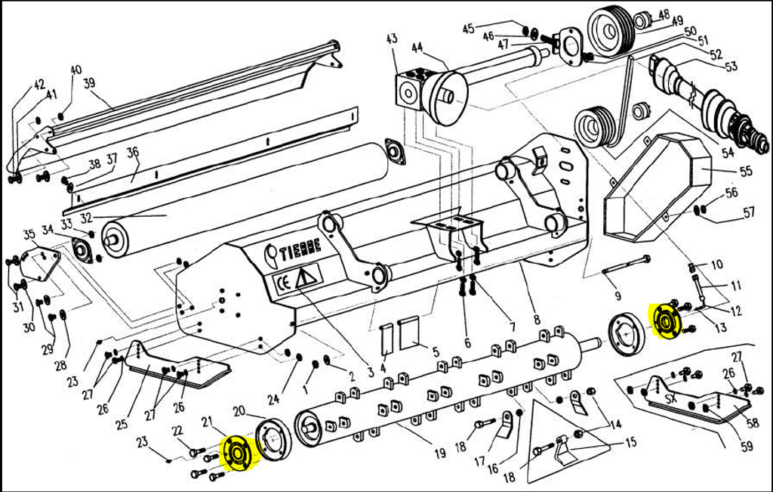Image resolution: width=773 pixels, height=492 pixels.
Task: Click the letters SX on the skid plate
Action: click(670, 396)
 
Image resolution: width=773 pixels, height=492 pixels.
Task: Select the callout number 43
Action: click(392, 39)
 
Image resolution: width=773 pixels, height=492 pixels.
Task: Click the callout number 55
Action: click(746, 172)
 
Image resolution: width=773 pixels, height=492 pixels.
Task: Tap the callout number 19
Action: click(439, 454)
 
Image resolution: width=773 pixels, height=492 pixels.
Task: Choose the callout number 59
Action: click(747, 447)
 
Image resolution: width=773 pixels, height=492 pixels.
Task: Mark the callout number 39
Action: click(89, 83)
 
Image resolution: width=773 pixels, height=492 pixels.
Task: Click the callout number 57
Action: click(749, 212)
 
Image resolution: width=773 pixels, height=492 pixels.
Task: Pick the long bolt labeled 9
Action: click(626, 265)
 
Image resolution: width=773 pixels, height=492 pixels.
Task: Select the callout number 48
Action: click(664, 14)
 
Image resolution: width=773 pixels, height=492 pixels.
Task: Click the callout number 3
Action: click(371, 373)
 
